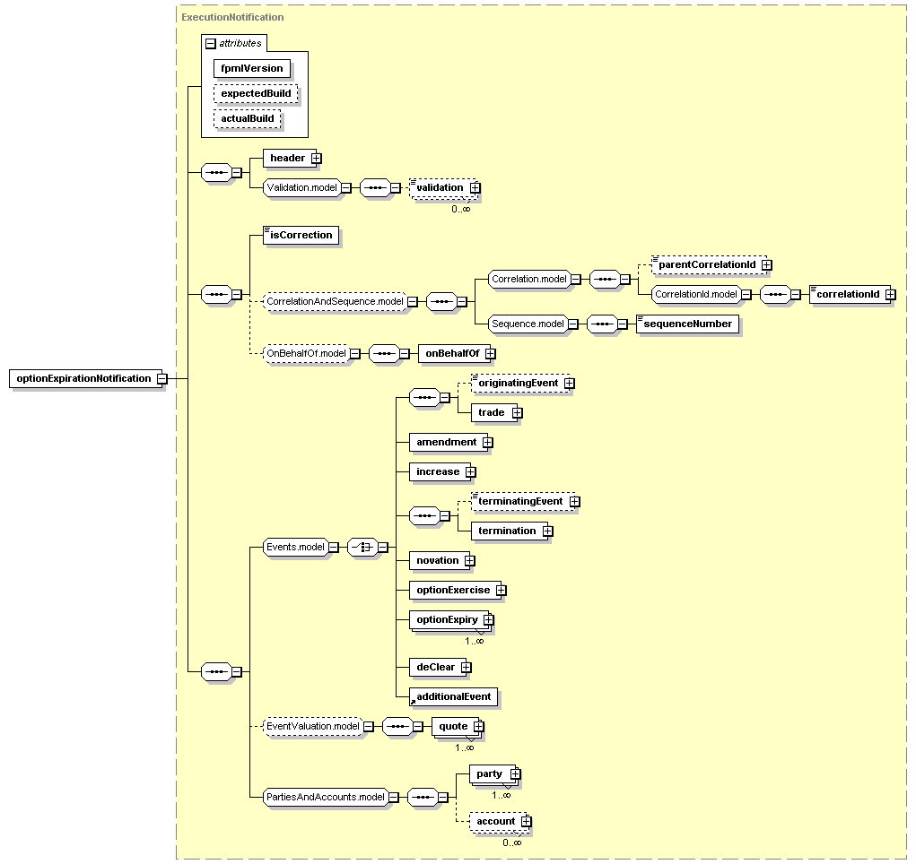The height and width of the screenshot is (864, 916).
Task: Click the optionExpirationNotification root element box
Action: coord(83,378)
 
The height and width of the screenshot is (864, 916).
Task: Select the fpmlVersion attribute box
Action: coord(251,68)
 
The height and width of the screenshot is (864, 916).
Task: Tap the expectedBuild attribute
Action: coord(255,93)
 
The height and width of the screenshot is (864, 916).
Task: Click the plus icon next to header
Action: coord(316,159)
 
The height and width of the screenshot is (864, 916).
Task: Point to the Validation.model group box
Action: coord(301,187)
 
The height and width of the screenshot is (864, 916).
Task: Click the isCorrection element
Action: coord(301,236)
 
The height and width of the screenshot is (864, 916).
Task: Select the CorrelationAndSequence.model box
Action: coord(334,302)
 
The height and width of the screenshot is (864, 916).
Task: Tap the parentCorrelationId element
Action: coord(707,265)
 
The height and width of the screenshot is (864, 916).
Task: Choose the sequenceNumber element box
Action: coord(687,324)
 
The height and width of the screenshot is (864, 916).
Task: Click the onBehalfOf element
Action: coord(452,354)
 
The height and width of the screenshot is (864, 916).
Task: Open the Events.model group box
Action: coord(295,547)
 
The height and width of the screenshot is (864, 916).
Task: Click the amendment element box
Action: coord(446,442)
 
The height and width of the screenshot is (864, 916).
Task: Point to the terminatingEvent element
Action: coord(519,501)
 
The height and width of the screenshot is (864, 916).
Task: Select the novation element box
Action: coord(437,560)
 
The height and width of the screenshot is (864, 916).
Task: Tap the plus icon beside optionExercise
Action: coord(502,591)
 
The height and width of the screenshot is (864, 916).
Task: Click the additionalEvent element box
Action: coord(453,696)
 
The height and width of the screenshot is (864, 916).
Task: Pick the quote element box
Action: coord(453,726)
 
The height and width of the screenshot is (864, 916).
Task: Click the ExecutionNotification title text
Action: coord(232,17)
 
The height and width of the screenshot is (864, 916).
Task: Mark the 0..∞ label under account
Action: coord(512,842)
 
